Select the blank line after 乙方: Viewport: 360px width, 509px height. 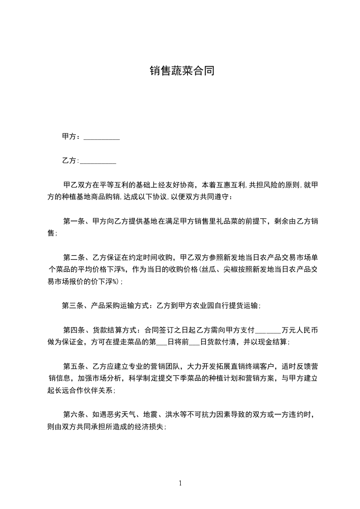pyautogui.click(x=98, y=161)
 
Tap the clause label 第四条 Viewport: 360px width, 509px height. pyautogui.click(x=72, y=330)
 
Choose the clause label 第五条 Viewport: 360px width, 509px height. pyautogui.click(x=72, y=366)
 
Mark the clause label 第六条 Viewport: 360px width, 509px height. pyautogui.click(x=72, y=415)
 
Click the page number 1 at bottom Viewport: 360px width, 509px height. pyautogui.click(x=180, y=484)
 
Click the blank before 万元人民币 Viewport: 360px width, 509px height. pyautogui.click(x=268, y=330)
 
